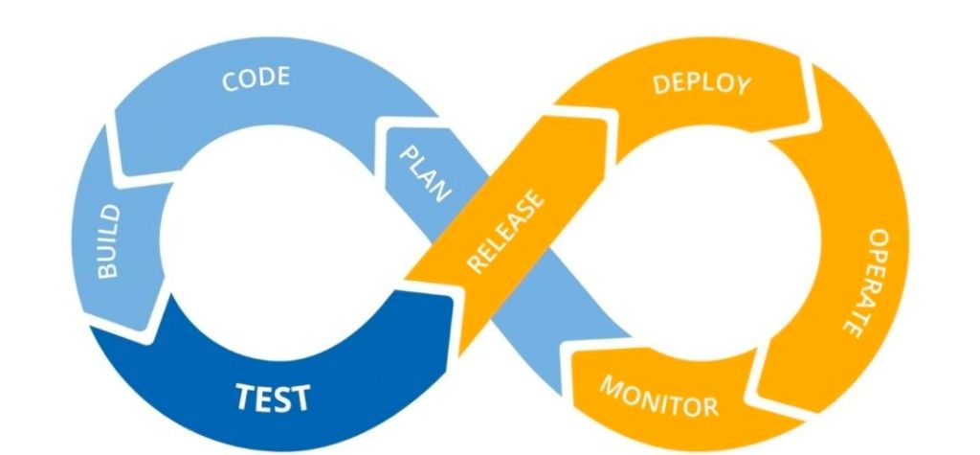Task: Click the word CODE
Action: tap(256, 80)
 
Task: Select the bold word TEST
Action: tap(274, 395)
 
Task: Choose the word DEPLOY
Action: tap(702, 83)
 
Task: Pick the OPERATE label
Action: tap(861, 282)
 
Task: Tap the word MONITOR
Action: tap(658, 396)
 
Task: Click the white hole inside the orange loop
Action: tap(703, 239)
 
